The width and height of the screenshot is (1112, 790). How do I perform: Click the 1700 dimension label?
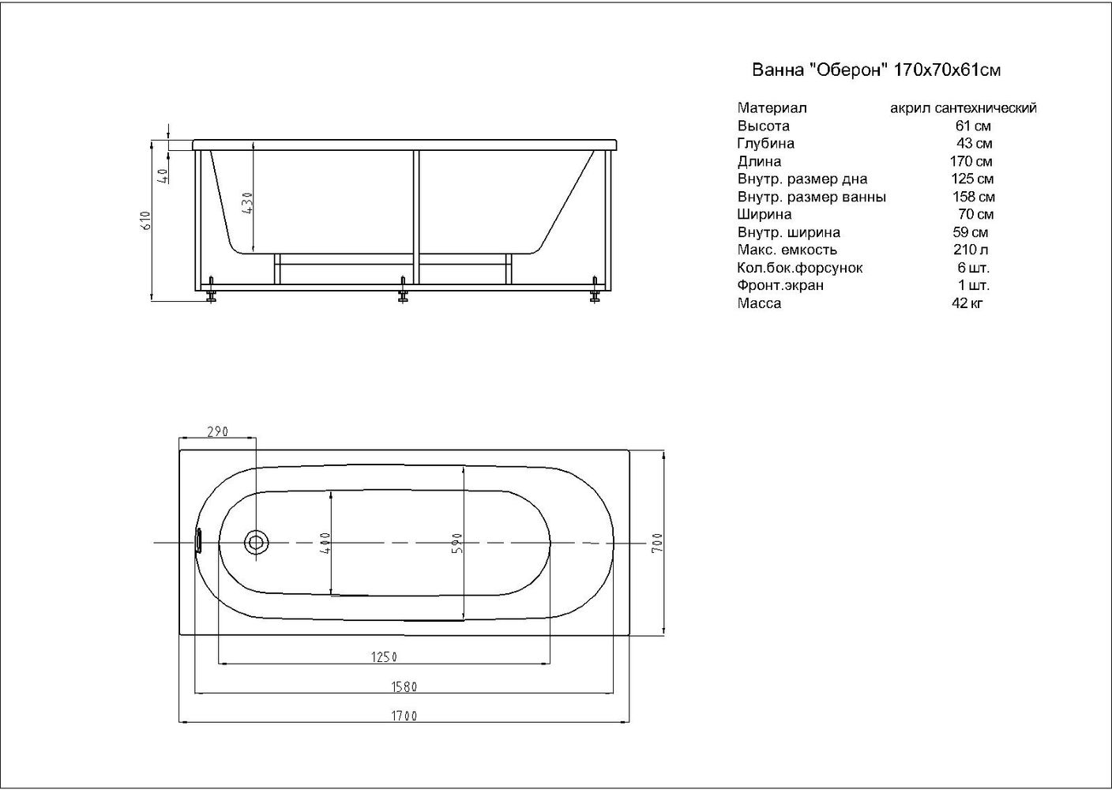[404, 717]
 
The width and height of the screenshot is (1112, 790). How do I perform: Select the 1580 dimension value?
[404, 687]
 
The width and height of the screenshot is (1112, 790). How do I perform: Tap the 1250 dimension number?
[385, 657]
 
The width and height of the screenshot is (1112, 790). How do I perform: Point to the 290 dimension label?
[217, 431]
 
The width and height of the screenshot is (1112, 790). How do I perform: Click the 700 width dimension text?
[656, 543]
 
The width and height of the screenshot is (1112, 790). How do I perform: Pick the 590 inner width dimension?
[456, 543]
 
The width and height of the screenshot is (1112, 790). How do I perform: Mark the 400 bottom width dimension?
[325, 543]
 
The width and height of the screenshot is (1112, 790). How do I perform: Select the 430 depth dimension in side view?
[246, 205]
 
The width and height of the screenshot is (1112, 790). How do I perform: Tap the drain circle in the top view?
[256, 543]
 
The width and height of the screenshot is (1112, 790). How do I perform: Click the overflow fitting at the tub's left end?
[199, 542]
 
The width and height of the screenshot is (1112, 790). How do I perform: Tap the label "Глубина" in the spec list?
[765, 144]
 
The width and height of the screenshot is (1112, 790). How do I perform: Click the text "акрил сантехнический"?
[963, 108]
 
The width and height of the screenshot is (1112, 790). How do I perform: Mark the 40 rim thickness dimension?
[163, 175]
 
